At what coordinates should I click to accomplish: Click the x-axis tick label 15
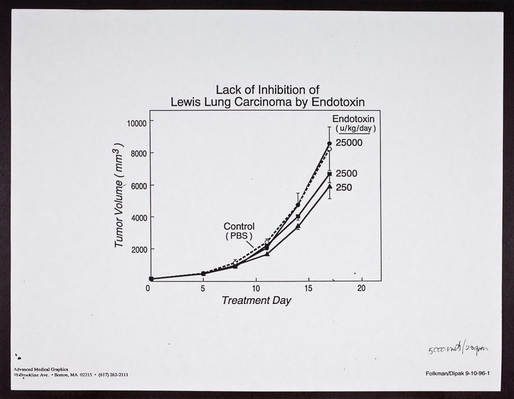click(x=309, y=289)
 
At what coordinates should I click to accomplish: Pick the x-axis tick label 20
click(x=362, y=289)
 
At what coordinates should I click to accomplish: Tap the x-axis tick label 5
click(x=202, y=289)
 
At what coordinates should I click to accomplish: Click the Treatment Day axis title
click(x=256, y=300)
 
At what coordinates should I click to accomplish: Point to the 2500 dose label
click(x=347, y=173)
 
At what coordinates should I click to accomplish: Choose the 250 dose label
click(x=344, y=187)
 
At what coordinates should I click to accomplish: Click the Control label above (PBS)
click(x=239, y=226)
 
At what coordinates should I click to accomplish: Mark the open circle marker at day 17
click(x=329, y=149)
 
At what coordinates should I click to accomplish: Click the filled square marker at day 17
click(x=330, y=174)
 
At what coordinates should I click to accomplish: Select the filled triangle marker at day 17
click(x=330, y=187)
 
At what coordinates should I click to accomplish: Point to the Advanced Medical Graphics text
click(x=44, y=369)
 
